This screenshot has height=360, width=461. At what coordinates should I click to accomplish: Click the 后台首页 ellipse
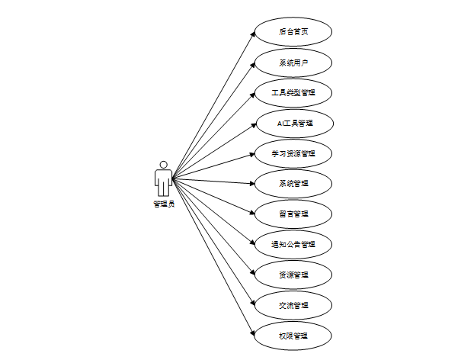pos(293,31)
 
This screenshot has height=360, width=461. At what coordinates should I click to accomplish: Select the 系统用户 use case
pos(293,62)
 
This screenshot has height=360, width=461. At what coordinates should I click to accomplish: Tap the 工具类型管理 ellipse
pos(293,92)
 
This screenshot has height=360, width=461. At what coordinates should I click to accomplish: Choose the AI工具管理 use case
pos(293,123)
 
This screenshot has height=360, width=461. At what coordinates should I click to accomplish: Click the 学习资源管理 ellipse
pos(293,153)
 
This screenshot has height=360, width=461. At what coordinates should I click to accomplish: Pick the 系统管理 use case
pos(293,184)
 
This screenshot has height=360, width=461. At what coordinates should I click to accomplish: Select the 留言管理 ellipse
pos(293,214)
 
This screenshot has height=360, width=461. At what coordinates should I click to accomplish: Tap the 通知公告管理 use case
pos(293,244)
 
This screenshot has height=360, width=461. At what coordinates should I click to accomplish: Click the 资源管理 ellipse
pos(293,275)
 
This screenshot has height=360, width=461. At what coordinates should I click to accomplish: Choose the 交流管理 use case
pos(293,305)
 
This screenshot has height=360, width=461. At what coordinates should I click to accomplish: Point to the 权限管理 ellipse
pos(293,336)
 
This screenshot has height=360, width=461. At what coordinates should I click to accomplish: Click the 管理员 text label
pos(164,204)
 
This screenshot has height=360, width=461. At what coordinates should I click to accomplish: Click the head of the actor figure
pos(163,164)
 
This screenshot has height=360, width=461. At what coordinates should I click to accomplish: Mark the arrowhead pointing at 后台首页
pos(251,34)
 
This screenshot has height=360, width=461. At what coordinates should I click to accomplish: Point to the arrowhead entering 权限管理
pos(251,333)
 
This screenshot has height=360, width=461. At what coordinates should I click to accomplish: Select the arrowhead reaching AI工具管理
pos(251,124)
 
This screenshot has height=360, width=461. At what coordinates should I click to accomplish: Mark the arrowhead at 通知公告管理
pos(251,243)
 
